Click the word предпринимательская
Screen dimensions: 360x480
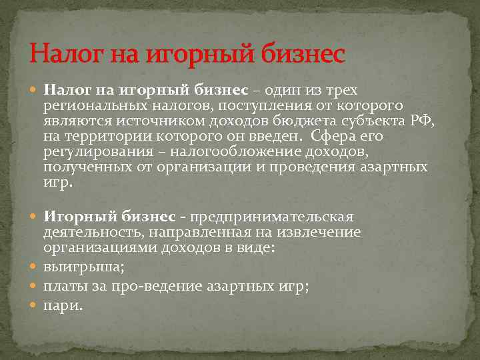point(271,217)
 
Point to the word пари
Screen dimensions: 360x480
point(63,305)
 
